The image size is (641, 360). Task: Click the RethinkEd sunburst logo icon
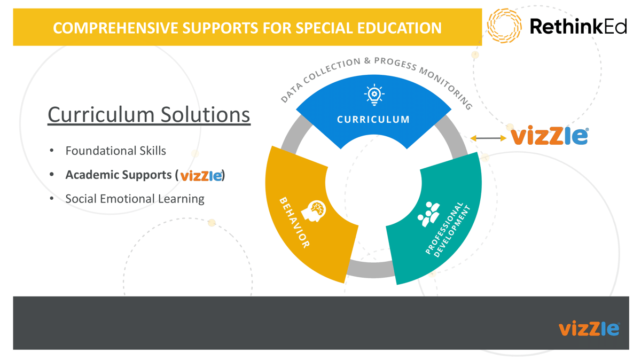click(x=504, y=26)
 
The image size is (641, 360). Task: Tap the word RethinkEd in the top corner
click(x=578, y=26)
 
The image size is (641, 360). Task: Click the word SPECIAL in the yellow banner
click(x=301, y=28)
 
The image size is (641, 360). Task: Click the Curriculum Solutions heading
click(x=148, y=114)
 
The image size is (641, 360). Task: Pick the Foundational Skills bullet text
click(x=115, y=151)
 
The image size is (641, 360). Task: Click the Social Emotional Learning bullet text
click(x=135, y=199)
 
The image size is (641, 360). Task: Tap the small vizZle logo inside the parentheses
click(x=201, y=175)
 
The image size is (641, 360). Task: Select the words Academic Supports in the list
click(x=118, y=175)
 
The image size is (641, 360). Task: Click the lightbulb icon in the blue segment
click(x=374, y=95)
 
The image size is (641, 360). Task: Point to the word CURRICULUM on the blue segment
click(x=373, y=120)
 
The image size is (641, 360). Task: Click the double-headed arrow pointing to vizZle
click(x=488, y=138)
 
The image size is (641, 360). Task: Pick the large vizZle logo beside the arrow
click(x=549, y=136)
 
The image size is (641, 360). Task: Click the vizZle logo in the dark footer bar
click(x=589, y=328)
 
